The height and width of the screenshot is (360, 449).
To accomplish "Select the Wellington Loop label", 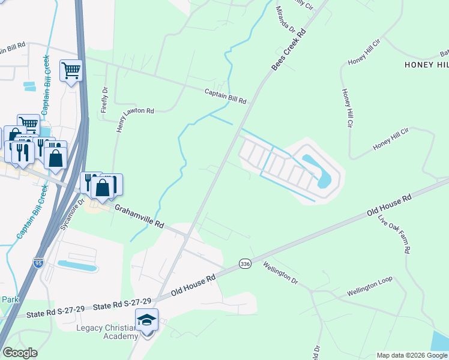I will (x=369, y=289).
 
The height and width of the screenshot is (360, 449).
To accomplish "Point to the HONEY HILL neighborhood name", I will (x=427, y=65).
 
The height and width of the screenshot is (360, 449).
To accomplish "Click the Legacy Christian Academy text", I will (x=107, y=332).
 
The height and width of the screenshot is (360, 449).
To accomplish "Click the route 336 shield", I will (x=244, y=263).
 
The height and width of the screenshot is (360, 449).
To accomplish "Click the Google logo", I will (x=20, y=353).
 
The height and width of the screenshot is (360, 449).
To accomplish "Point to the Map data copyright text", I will (x=411, y=355).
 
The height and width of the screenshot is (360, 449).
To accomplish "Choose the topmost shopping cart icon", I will (x=71, y=71).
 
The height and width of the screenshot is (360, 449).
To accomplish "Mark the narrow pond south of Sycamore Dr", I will (x=77, y=265).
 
